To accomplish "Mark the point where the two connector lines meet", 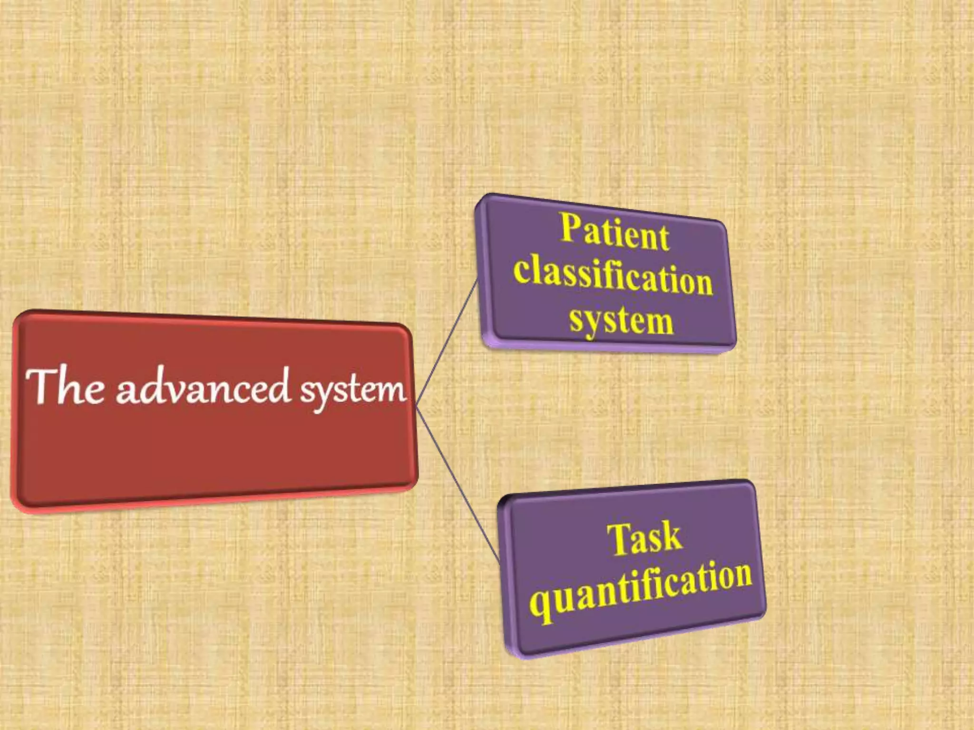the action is tap(416, 406).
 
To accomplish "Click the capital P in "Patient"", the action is tap(571, 227).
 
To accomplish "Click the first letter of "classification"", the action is tap(524, 269).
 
